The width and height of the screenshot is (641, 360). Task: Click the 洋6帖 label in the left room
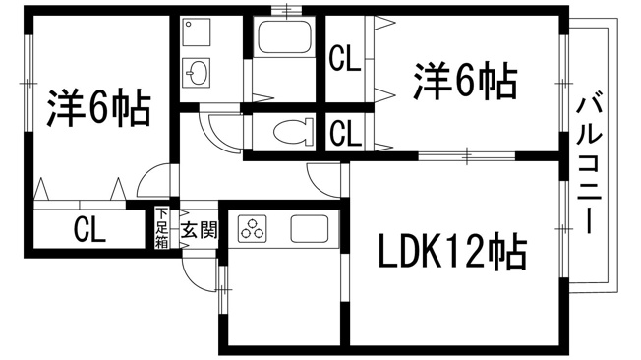[98, 109]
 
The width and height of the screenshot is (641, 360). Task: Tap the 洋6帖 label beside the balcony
[464, 82]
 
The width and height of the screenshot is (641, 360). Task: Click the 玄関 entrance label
[199, 231]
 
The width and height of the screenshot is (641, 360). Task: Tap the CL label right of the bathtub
[344, 61]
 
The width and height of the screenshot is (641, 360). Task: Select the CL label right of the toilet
[344, 132]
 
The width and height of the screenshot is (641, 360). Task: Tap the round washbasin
[198, 72]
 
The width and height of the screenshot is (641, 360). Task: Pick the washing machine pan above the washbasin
[197, 34]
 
